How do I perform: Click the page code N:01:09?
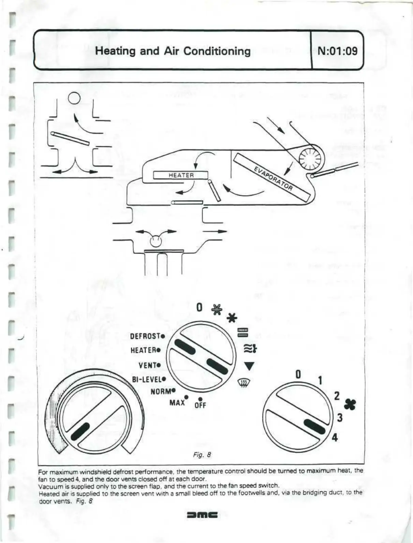click(337, 51)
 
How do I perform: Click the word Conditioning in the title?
click(217, 51)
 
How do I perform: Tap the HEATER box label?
click(181, 175)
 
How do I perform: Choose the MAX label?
click(177, 403)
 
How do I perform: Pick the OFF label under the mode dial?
click(200, 405)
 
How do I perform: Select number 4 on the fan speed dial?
click(335, 437)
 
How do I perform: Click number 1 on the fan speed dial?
click(320, 380)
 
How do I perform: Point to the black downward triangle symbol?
click(249, 366)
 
